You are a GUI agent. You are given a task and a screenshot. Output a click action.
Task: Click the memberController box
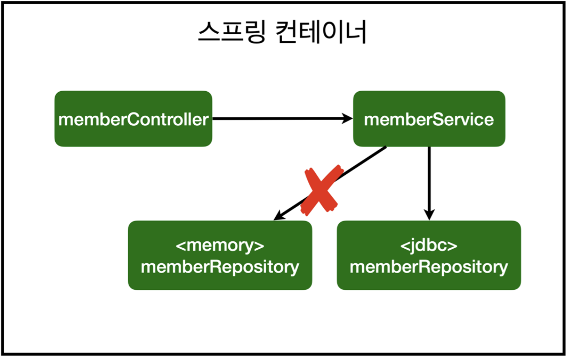(x=133, y=119)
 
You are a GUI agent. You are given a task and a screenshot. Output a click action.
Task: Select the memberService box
(x=429, y=119)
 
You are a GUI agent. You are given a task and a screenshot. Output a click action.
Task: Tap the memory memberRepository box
(x=220, y=255)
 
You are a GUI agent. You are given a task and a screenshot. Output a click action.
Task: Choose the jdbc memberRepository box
(x=429, y=255)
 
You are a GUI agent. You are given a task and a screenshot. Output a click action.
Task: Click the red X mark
(x=322, y=190)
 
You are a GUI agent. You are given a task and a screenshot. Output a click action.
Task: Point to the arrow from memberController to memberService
(x=283, y=119)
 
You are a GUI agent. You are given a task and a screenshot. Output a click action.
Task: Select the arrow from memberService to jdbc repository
(x=429, y=184)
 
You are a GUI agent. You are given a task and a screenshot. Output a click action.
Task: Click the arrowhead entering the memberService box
(x=348, y=119)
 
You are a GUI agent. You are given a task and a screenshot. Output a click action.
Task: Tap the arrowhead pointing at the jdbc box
(x=429, y=215)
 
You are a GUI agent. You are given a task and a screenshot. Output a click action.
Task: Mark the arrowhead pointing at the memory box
(x=279, y=216)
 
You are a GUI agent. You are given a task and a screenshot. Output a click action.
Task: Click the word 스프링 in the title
(x=232, y=32)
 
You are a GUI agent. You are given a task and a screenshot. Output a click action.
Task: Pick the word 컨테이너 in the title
(x=321, y=32)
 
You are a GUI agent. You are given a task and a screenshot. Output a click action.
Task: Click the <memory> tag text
(x=220, y=246)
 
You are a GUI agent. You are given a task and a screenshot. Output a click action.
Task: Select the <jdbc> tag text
(x=429, y=246)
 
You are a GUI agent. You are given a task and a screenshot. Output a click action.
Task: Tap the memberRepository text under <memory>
(x=220, y=267)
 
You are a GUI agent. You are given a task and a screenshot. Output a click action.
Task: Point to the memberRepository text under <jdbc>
(x=429, y=267)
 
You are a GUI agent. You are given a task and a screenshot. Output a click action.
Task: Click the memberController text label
(x=133, y=120)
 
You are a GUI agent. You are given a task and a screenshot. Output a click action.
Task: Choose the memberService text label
(x=429, y=120)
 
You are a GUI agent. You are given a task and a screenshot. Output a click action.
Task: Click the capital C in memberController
(x=133, y=120)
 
